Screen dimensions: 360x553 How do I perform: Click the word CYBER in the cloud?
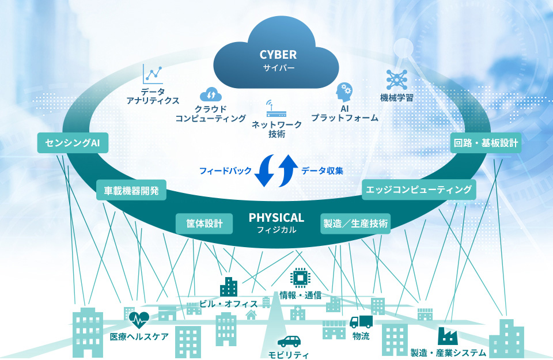click(278, 55)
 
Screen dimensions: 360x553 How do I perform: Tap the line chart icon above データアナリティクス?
click(153, 74)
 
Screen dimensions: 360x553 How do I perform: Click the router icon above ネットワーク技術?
click(268, 109)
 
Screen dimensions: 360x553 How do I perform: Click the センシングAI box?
click(73, 143)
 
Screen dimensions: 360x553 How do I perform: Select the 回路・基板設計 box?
click(486, 143)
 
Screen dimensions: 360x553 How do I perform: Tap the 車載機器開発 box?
click(131, 190)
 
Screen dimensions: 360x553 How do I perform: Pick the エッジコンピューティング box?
click(419, 190)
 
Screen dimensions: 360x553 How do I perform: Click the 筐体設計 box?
click(204, 223)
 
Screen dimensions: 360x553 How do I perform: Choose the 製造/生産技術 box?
click(355, 223)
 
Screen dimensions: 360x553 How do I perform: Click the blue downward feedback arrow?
click(266, 171)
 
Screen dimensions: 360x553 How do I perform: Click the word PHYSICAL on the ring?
click(276, 218)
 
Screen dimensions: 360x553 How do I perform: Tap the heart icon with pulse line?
click(138, 317)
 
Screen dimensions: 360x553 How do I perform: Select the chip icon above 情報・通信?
click(300, 277)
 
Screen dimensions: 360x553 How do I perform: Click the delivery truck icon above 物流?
click(361, 321)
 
